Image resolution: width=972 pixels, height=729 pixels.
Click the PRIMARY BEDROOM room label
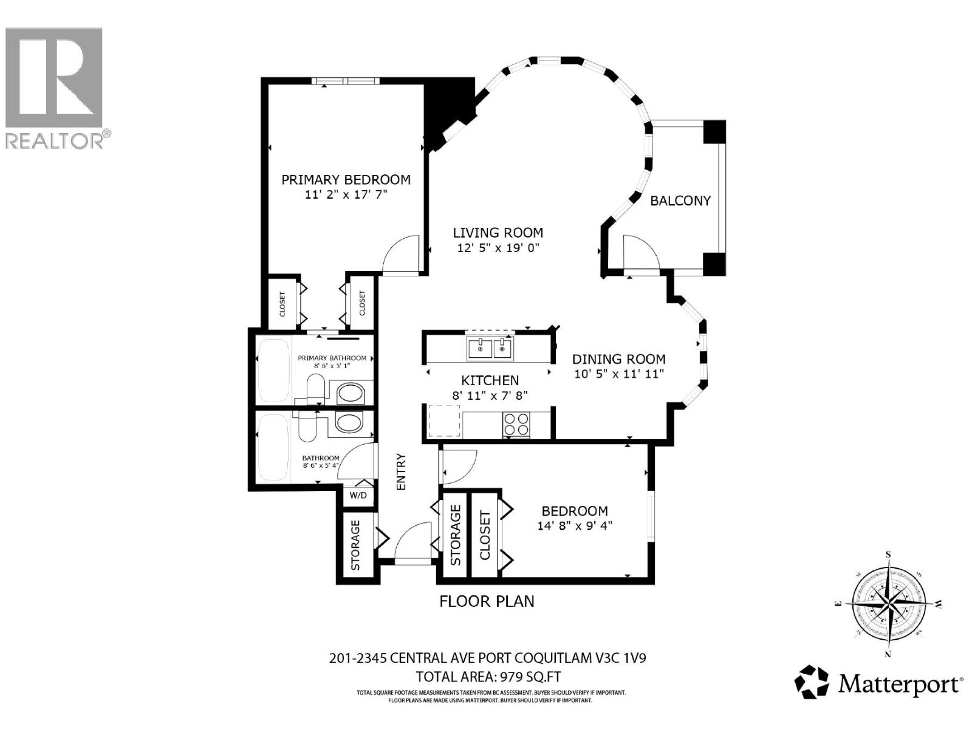pos(346,180)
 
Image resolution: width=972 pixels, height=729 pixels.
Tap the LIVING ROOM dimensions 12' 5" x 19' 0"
pos(498,248)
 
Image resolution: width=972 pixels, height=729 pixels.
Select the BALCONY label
pos(680,201)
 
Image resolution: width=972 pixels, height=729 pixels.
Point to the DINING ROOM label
pos(618,359)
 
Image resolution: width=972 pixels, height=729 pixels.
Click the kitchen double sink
pos(489,348)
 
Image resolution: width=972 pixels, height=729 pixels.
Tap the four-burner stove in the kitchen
pos(516,425)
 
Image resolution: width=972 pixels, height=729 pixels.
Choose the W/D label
pos(358,495)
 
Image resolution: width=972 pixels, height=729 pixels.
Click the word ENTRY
pos(401,471)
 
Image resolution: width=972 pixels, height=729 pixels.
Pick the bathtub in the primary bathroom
pos(273,371)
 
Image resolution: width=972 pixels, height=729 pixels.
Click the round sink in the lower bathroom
pos(349,422)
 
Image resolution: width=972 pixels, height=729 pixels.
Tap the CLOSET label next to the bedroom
pos(485,536)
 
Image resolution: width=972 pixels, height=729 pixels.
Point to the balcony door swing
pos(641,252)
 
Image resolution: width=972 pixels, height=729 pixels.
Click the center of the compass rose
pos(889,604)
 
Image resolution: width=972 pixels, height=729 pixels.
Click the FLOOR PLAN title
pos(487,601)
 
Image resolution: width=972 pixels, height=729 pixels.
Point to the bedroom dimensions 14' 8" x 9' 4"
pos(574,526)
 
